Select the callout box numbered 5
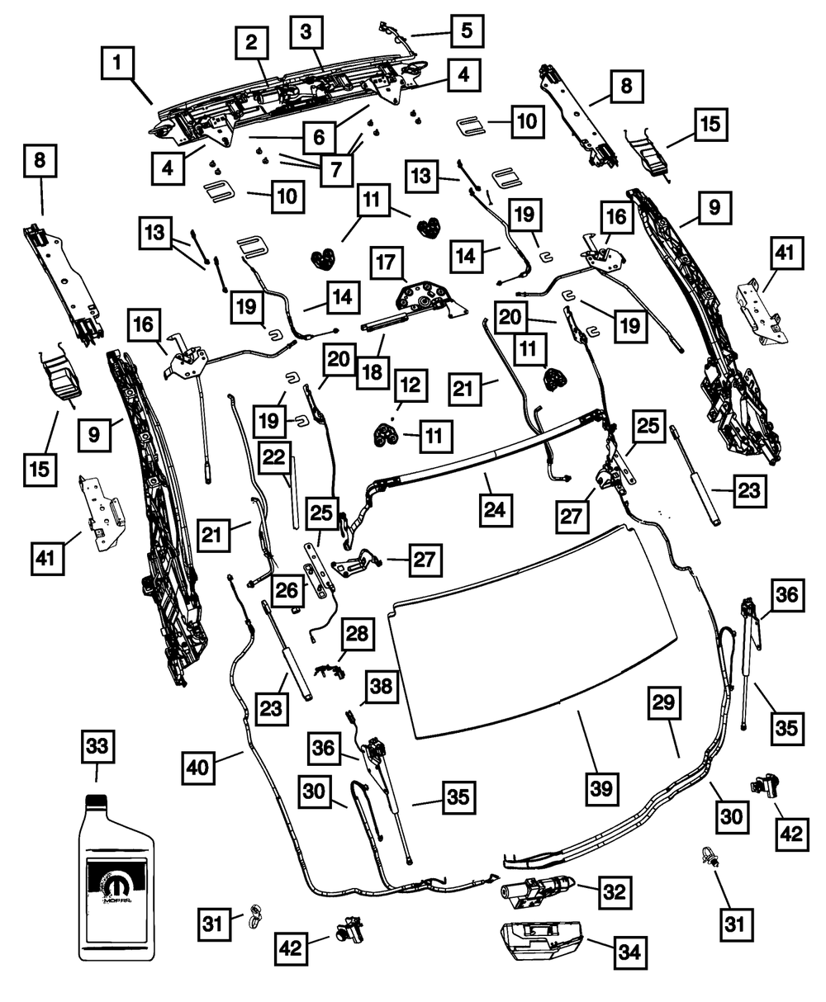tap(466, 31)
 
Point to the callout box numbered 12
tap(412, 384)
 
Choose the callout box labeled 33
tap(97, 748)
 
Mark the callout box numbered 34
tap(629, 952)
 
